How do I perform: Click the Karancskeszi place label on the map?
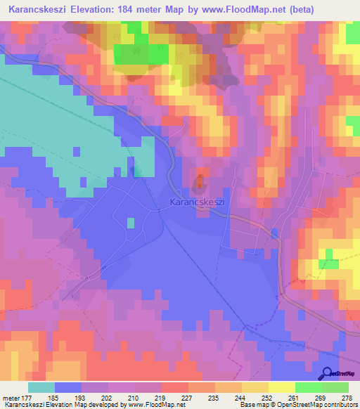coord(197,202)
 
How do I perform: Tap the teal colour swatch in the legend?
coord(41,387)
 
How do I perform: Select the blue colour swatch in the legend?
coord(68,387)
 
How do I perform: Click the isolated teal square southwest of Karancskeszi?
coord(131,223)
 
